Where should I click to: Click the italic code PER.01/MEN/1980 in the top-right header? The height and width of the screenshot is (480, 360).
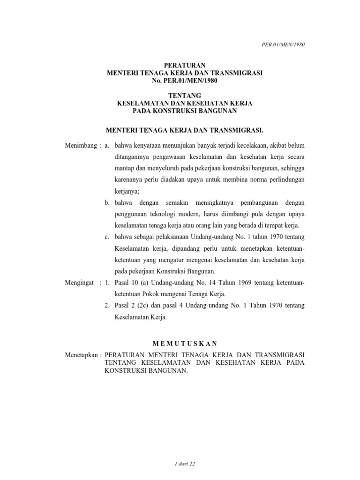[x=283, y=44]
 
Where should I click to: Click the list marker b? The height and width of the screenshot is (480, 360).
[x=107, y=202]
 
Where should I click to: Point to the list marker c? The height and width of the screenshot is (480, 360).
[x=107, y=237]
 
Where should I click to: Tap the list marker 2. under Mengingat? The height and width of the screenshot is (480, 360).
[x=107, y=306]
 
